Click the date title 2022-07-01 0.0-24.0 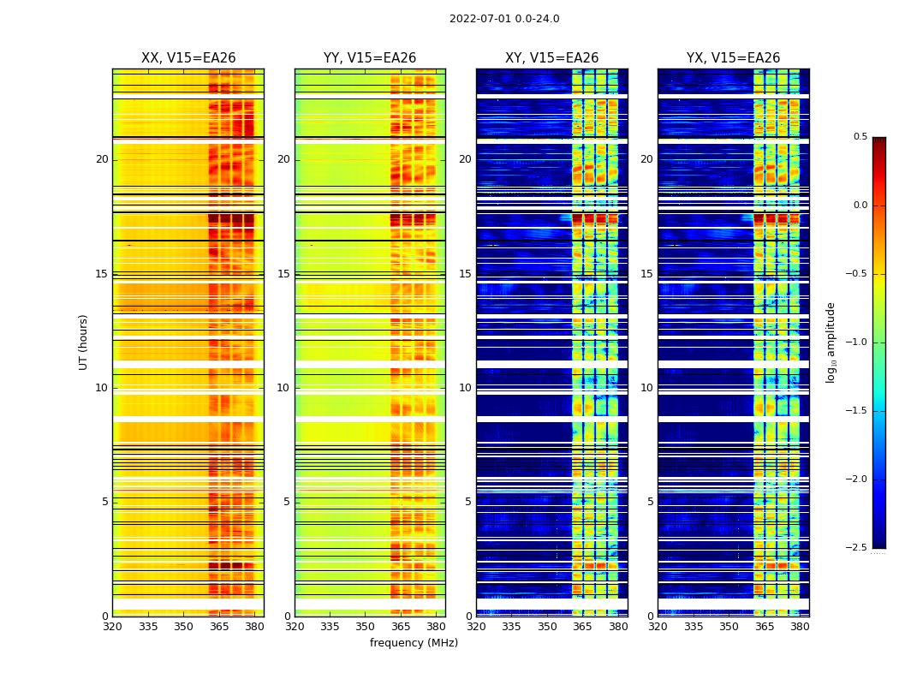504,19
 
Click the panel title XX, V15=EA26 188,58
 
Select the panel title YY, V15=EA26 370,58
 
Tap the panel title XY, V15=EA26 551,58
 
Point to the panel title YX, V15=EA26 733,58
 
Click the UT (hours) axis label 84,342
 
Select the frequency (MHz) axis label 414,643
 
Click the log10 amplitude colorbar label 831,342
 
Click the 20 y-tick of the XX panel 102,159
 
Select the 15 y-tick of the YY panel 283,274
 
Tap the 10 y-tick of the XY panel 465,388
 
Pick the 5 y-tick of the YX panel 651,502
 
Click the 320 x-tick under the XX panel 112,626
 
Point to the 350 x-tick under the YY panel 366,626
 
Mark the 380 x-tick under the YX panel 800,626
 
